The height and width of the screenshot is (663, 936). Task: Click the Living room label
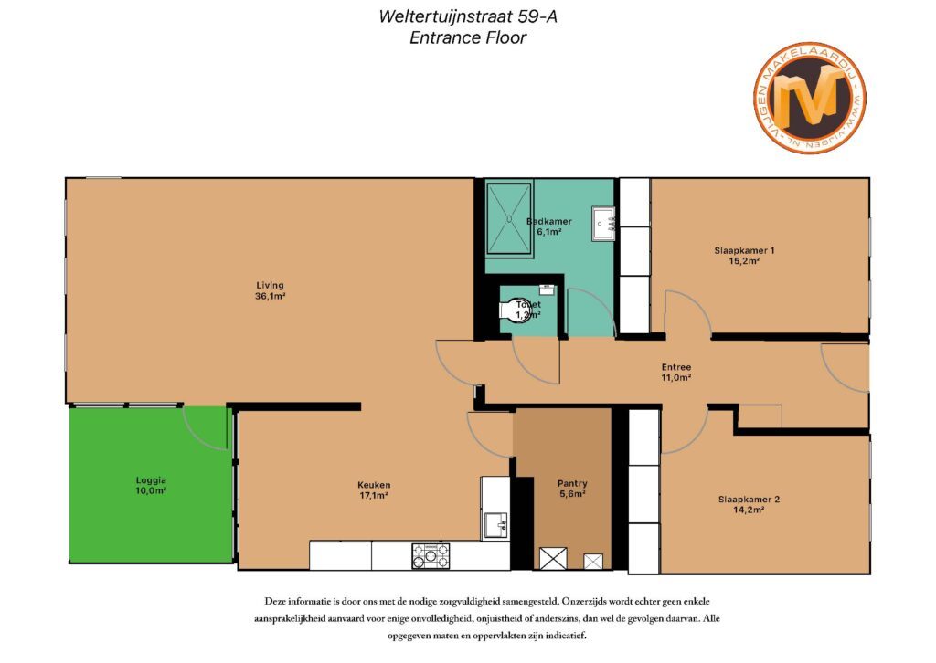point(270,290)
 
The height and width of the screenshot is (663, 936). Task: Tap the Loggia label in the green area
point(151,485)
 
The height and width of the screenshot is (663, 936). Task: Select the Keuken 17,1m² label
point(374,490)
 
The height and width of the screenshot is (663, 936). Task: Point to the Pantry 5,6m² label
point(572,489)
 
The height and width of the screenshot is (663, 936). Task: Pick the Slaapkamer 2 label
point(749,504)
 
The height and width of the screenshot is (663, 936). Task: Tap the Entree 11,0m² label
point(675,373)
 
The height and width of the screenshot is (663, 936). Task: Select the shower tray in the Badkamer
point(508,219)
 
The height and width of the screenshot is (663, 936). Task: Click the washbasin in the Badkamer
point(603,224)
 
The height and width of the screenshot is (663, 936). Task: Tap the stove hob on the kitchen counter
point(431,556)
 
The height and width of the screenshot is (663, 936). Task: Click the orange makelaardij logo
point(810,97)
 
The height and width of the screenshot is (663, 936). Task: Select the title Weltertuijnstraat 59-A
point(468,16)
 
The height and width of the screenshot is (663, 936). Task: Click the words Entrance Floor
point(468,37)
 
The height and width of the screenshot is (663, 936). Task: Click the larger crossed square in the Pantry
point(553,558)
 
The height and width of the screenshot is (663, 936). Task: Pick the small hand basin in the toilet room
point(548,289)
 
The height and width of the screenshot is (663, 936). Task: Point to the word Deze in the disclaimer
point(275,601)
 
